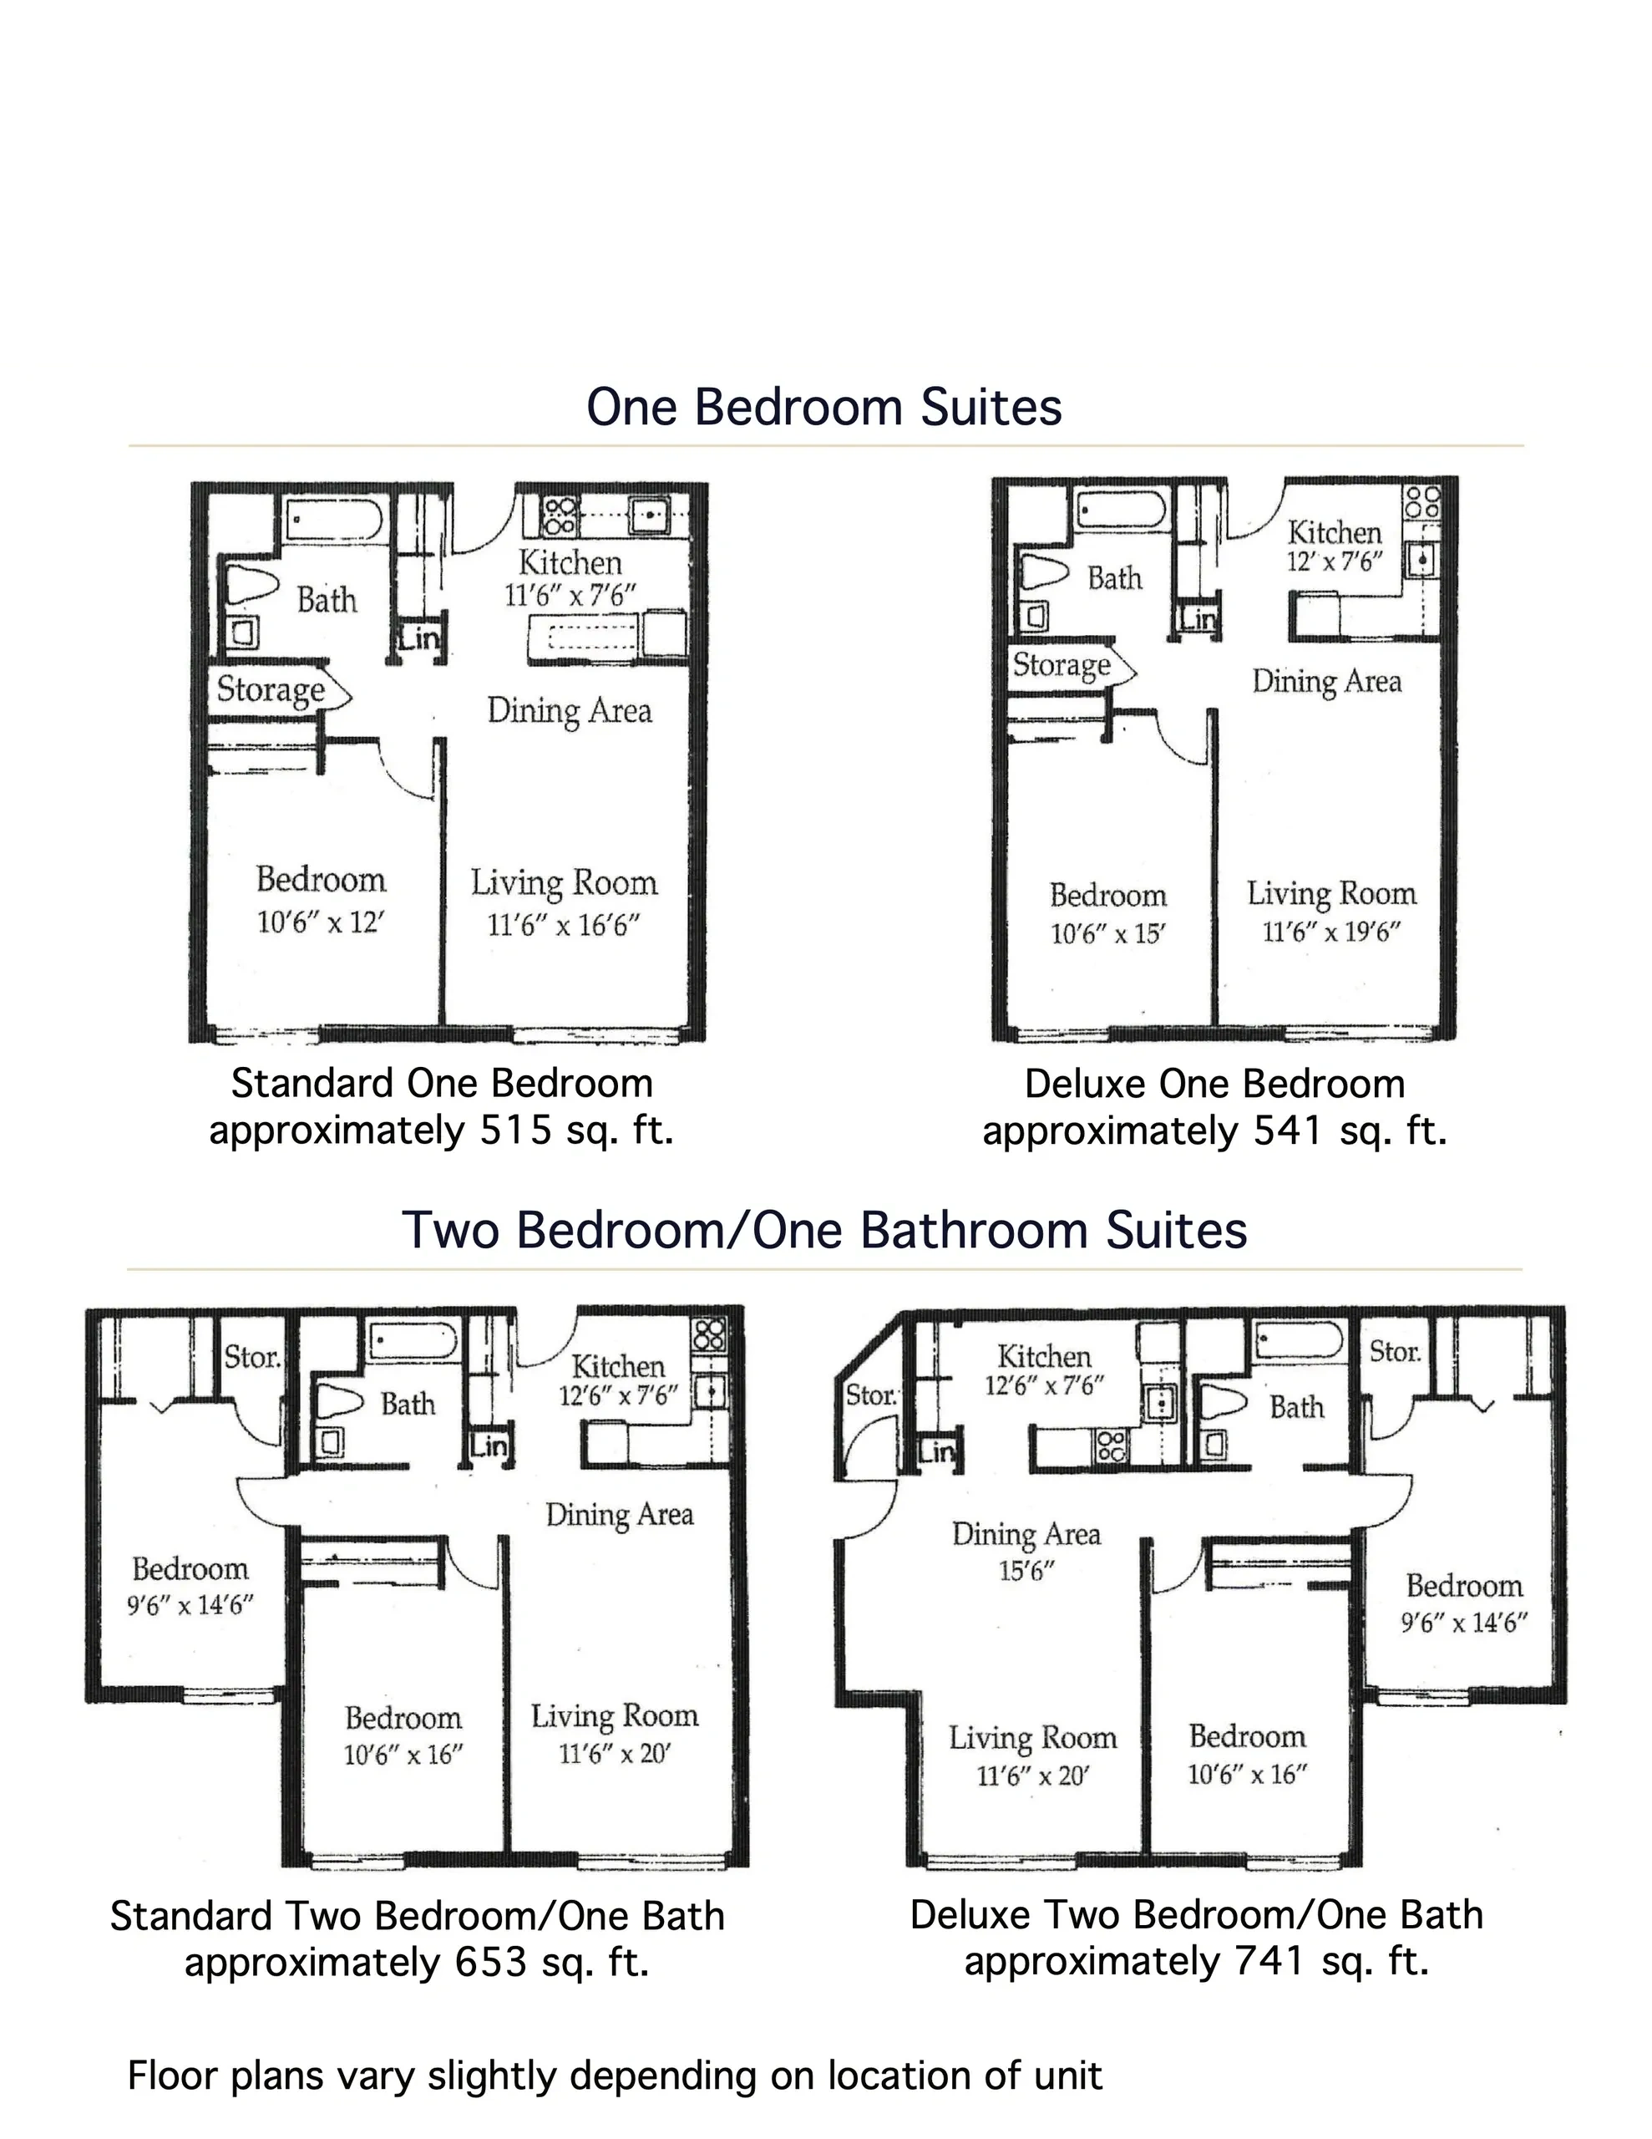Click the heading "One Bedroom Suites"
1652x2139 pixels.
(x=823, y=408)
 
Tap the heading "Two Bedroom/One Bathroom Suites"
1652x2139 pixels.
(x=824, y=1230)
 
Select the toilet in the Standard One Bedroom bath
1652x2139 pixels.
(x=251, y=585)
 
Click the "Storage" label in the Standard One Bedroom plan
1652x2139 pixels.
(x=271, y=690)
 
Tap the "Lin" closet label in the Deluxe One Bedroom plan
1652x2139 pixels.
(x=1198, y=619)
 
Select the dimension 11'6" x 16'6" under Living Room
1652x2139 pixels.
(x=563, y=925)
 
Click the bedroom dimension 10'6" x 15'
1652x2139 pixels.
(x=1107, y=933)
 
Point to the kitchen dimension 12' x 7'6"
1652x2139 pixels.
(x=1335, y=561)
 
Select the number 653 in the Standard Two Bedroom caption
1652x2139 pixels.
(x=492, y=1963)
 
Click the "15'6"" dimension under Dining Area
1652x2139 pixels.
(x=1026, y=1570)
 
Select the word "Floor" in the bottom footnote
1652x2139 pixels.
(x=174, y=2076)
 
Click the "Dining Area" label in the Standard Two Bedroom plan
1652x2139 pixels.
(x=619, y=1515)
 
